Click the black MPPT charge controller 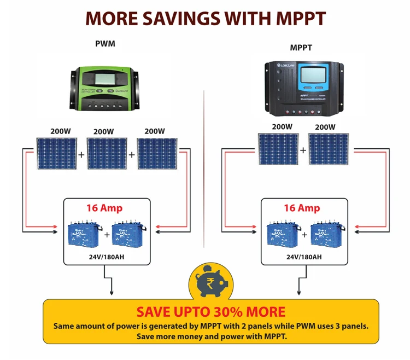click(304, 87)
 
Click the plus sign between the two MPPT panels click(303, 150)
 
